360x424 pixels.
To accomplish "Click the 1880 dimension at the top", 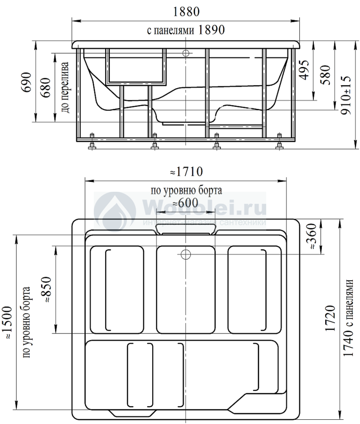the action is point(186,12).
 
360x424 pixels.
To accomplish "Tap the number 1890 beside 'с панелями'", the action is point(211,30).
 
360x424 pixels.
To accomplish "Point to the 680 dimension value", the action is point(46,88).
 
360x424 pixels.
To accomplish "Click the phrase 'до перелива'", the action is point(65,88).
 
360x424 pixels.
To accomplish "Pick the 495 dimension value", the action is point(304,70).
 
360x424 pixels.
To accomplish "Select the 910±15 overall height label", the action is point(346,95).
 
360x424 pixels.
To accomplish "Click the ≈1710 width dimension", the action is point(186,171).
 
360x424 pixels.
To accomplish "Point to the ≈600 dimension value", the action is point(186,203).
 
